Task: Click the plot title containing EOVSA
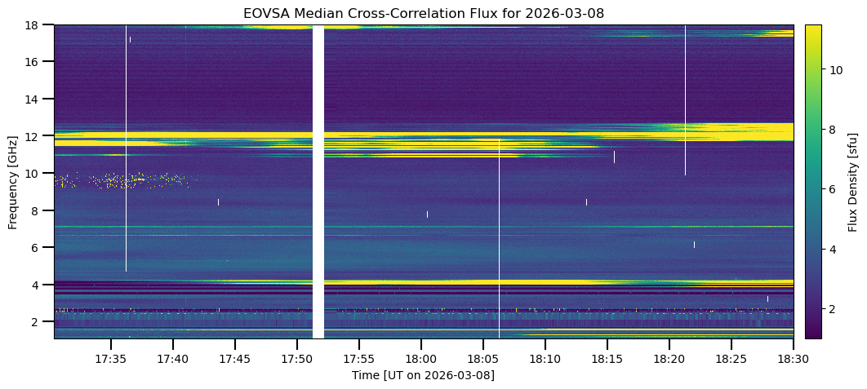coord(423,13)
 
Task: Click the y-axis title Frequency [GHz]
coord(13,181)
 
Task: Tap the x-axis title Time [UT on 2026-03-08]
coord(423,375)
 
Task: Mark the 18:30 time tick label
coord(793,359)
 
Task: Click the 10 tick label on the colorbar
coord(836,70)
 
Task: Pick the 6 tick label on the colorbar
coord(834,189)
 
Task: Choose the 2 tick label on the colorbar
coord(834,308)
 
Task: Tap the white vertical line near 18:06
coord(499,236)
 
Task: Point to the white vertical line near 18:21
coord(685,98)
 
